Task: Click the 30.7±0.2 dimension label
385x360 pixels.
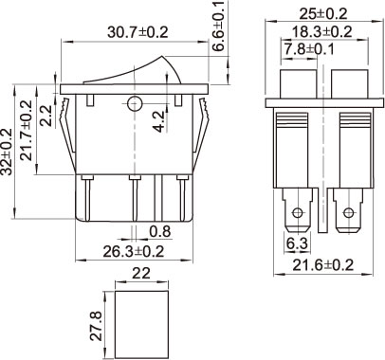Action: (137, 32)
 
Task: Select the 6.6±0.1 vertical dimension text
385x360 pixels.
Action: (218, 26)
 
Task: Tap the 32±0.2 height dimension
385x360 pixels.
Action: (7, 152)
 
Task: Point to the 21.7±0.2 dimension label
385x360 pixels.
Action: (27, 131)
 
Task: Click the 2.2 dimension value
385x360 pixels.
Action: (46, 116)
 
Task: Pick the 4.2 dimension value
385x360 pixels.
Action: (158, 121)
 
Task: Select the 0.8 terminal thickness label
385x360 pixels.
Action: (160, 231)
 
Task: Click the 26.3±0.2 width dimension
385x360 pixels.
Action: (134, 252)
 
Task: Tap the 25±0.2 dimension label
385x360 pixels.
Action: (323, 14)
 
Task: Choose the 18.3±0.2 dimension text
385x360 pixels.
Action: (321, 32)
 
